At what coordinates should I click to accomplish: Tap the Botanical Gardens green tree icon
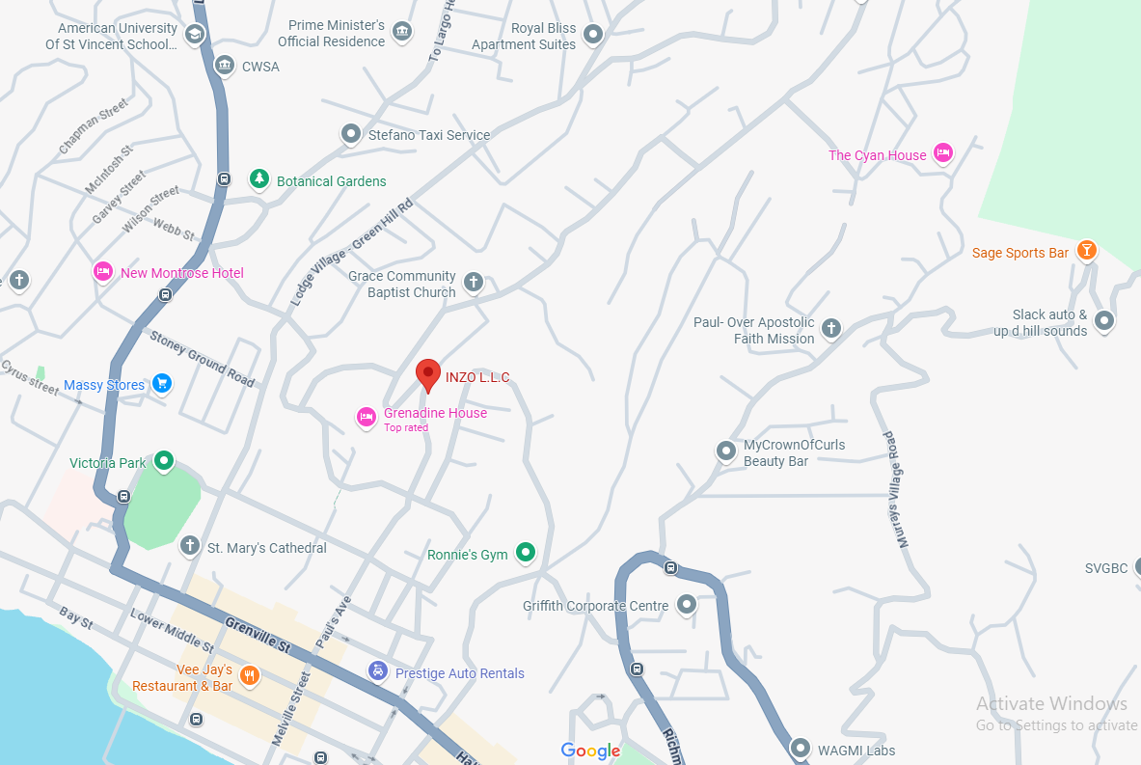coord(258,179)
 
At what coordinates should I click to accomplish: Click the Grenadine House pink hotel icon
coord(367,417)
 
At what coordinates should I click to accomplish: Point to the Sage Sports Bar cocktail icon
coord(1087,252)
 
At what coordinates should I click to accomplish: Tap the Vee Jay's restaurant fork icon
coord(249,675)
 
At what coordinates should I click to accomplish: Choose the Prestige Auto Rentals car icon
coord(379,671)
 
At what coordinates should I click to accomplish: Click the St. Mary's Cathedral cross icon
coord(190,546)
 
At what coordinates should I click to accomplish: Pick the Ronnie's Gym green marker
coord(526,553)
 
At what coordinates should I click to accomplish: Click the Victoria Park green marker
coord(164,461)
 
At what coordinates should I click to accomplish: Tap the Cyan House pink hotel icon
coord(944,153)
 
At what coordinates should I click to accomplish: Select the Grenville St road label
coord(258,634)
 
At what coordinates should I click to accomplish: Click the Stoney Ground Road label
coord(202,358)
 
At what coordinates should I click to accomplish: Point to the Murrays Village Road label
coord(898,489)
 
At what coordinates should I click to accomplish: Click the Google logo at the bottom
coord(590,751)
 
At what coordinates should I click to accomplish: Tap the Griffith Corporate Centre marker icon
coord(686,605)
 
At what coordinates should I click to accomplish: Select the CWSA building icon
coord(225,66)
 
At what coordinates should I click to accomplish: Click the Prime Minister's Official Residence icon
coord(403,33)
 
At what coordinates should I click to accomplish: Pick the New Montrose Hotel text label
coord(181,273)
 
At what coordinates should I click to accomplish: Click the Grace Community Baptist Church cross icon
coord(473,282)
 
